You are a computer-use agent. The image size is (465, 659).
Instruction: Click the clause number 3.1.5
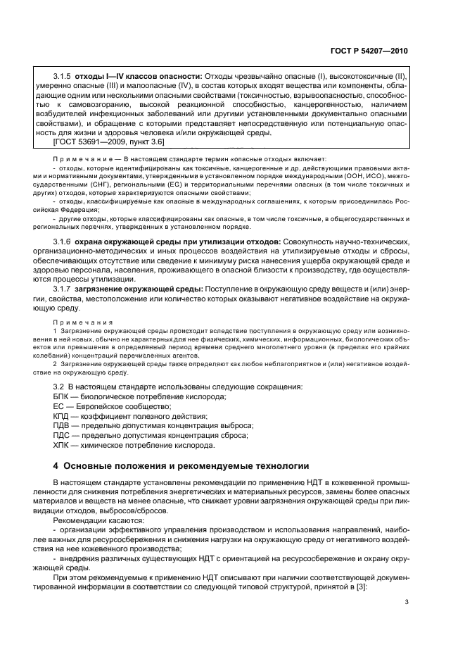tap(63, 75)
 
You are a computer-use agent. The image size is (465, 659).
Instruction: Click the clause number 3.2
tap(59, 387)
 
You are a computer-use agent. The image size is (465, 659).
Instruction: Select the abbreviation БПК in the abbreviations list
tap(63, 396)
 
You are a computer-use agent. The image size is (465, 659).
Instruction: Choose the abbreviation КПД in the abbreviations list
tap(63, 416)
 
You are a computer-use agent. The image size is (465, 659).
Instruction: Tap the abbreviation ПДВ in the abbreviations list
tap(63, 426)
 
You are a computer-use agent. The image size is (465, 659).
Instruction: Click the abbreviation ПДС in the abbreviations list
tap(63, 436)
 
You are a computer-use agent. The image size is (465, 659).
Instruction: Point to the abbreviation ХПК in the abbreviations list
tap(63, 446)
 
